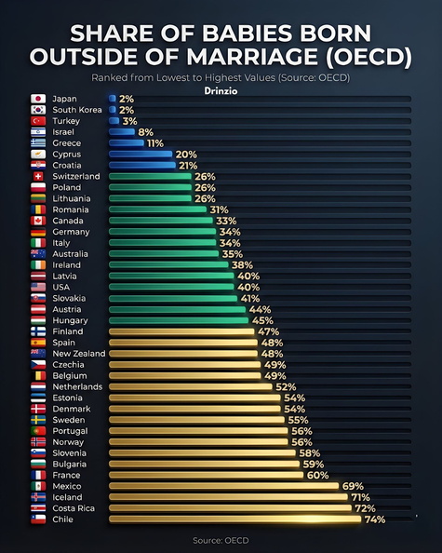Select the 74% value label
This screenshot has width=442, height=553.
[375, 519]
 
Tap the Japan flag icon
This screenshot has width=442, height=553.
[38, 98]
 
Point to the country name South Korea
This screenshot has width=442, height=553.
[76, 110]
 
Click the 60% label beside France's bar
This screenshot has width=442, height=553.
[318, 475]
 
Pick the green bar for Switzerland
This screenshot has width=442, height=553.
[150, 176]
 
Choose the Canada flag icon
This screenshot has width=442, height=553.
[38, 221]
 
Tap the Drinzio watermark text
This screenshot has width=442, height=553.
[221, 89]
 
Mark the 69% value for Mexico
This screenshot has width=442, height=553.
[353, 486]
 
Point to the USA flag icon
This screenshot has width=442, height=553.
[38, 287]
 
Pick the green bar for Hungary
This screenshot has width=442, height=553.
[178, 320]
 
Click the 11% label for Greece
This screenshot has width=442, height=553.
[155, 143]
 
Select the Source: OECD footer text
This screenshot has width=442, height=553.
[221, 539]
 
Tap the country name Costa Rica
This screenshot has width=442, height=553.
[75, 508]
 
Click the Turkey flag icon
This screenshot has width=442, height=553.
[38, 121]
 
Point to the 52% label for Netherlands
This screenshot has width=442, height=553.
[286, 386]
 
